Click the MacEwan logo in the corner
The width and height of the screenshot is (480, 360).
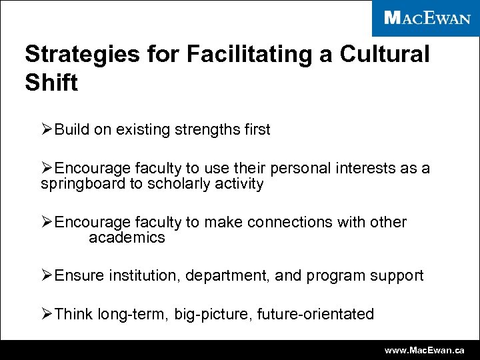click(x=427, y=18)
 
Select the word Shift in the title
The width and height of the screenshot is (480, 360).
click(x=51, y=83)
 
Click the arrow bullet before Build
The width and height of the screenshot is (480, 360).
click(x=47, y=129)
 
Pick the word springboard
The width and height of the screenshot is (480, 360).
click(x=83, y=184)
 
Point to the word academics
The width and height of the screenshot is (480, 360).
click(x=127, y=238)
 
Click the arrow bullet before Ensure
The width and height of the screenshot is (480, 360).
click(x=47, y=276)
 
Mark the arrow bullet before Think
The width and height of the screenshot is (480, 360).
click(x=47, y=314)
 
